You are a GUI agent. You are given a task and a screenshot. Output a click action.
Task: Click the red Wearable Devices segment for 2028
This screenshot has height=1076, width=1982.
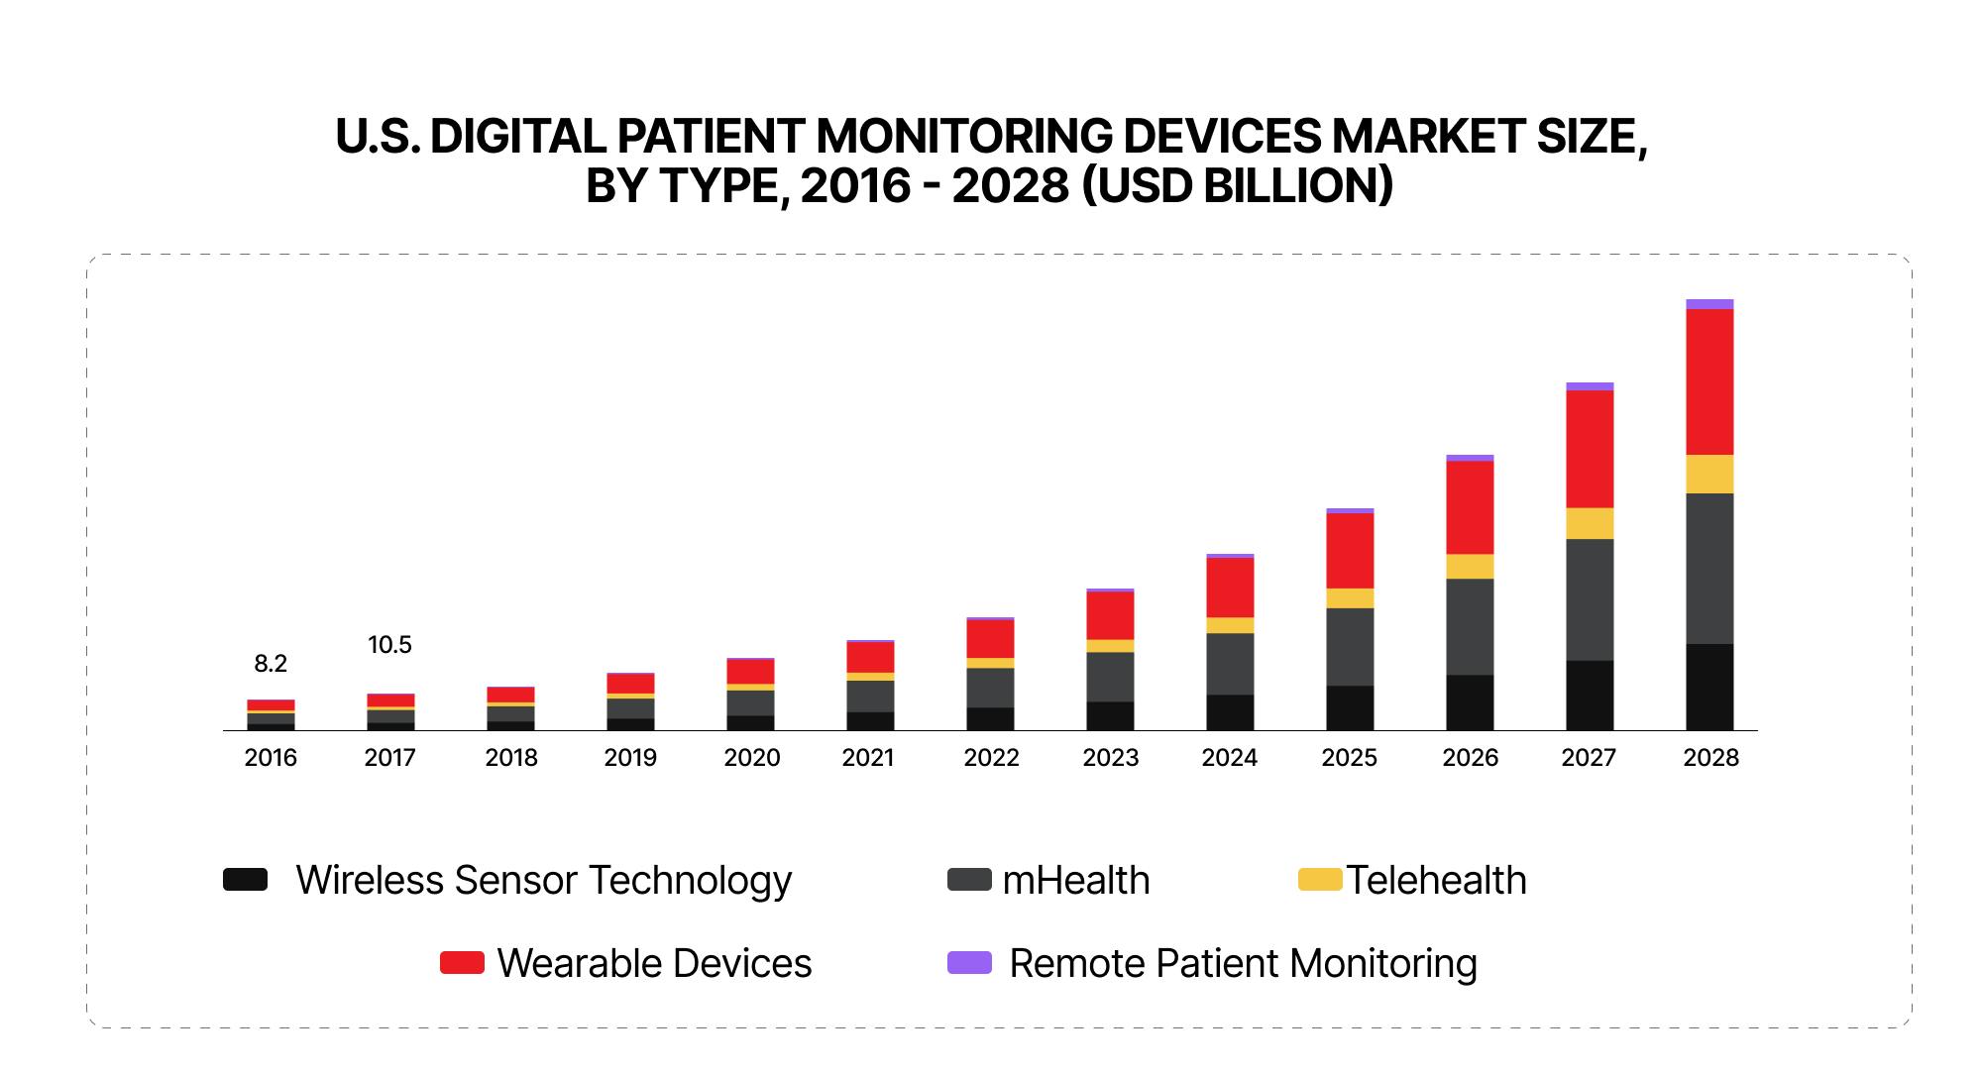1709,381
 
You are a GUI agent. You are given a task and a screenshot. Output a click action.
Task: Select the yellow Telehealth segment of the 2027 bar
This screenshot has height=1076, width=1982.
1590,523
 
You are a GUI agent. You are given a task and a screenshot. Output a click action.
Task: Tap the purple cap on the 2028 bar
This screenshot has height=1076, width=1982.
1709,304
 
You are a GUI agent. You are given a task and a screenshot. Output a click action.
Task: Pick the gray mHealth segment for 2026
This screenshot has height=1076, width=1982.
1470,626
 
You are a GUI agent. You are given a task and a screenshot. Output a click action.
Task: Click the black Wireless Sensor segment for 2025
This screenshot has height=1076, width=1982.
1350,707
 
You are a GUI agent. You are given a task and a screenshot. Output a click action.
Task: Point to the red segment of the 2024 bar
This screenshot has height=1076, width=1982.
1230,588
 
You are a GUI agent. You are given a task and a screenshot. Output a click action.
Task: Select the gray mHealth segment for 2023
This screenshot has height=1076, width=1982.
1110,677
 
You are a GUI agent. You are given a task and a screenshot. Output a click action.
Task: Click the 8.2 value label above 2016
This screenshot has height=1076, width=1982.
271,664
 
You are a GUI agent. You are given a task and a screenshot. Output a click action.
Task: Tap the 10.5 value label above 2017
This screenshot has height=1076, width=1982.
389,645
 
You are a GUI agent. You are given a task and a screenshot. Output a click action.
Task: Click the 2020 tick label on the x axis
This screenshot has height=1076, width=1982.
751,758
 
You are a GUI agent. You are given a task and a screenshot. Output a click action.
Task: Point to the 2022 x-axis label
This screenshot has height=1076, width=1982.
991,758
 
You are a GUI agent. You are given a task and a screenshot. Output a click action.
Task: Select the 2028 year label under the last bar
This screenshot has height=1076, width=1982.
1710,758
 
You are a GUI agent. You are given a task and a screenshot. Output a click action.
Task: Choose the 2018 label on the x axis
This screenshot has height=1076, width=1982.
511,758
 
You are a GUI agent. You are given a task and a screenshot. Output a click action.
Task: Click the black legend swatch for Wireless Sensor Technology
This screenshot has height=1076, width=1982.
245,880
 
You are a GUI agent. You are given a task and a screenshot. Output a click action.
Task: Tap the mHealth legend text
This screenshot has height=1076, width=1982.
1075,881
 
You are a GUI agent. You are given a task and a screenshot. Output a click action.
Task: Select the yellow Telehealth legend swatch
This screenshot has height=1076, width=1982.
1319,879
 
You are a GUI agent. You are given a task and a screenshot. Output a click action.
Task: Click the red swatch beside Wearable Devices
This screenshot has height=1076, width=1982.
462,963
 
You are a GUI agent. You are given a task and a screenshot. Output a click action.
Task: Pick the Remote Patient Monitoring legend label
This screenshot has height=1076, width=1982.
1243,964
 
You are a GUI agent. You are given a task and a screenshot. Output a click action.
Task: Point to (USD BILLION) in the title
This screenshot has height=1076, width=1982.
1237,186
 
